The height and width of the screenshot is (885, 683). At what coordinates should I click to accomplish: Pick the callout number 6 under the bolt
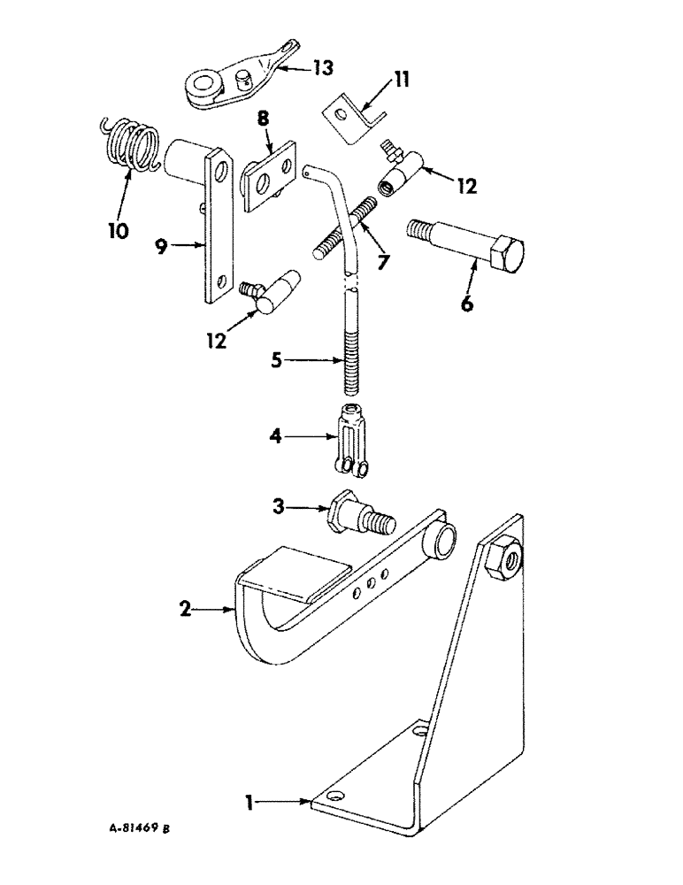tap(466, 304)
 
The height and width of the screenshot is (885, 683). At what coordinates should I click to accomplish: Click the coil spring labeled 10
tap(128, 142)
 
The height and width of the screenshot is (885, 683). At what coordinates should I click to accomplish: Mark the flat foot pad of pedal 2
tap(290, 574)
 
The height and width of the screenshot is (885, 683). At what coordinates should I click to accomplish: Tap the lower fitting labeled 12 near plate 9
tap(272, 294)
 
